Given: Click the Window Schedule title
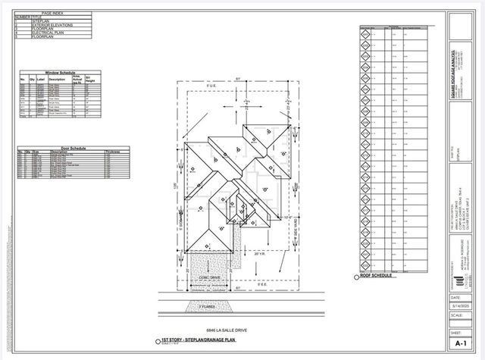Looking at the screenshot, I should (55, 73).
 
